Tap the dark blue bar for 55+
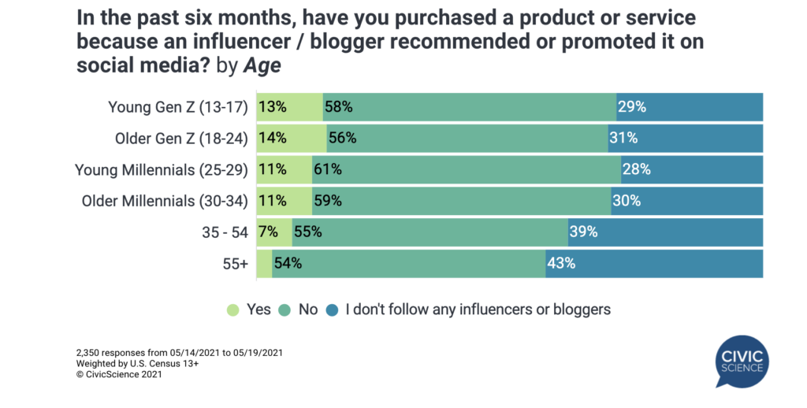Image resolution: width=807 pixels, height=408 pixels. [654, 263]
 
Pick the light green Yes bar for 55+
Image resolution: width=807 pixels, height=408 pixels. [264, 263]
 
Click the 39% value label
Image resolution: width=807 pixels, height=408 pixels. [582, 232]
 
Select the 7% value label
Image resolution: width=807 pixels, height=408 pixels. [267, 232]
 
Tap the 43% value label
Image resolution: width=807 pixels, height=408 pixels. [560, 263]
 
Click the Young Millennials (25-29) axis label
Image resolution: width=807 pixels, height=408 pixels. [162, 169]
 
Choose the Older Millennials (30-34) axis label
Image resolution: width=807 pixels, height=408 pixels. [165, 201]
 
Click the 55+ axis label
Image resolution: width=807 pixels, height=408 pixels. [234, 263]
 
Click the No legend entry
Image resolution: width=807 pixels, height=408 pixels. [299, 310]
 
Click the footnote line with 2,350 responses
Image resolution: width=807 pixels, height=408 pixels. [179, 352]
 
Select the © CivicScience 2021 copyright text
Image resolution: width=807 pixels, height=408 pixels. [119, 374]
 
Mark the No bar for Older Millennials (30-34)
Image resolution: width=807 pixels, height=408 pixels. [461, 201]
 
